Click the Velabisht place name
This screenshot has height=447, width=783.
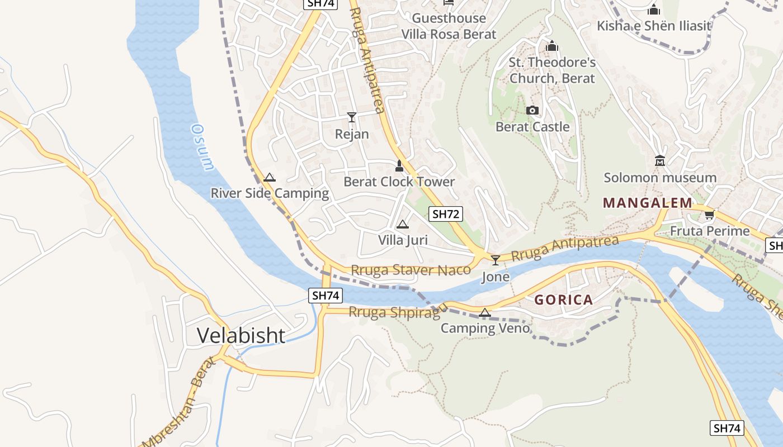241,335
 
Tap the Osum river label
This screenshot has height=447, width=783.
202,147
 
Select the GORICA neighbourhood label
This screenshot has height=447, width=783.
563,300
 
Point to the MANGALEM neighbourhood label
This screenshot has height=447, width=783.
647,203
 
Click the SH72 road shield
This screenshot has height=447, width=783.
446,214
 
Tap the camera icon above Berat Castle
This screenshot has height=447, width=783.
532,111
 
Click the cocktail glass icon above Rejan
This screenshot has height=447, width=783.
352,117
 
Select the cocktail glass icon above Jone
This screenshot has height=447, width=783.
496,260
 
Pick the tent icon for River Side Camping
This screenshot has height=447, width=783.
270,178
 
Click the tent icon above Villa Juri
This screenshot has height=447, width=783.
402,225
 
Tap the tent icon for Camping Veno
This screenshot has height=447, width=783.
485,312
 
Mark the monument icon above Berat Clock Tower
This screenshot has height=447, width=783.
399,166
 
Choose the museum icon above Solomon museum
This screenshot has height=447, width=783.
660,161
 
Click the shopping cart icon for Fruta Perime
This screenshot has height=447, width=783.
710,215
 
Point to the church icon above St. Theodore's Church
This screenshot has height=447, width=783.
552,46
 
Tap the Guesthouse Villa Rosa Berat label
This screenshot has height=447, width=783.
449,26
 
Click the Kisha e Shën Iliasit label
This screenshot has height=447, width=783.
654,26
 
